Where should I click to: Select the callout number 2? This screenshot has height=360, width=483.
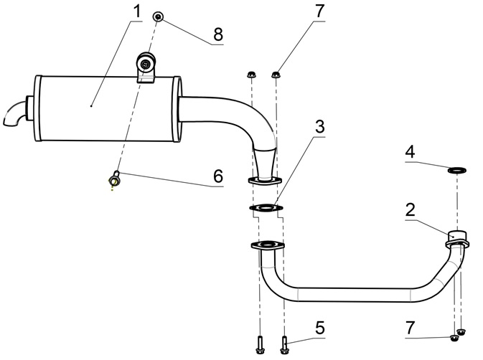pyautogui.click(x=410, y=210)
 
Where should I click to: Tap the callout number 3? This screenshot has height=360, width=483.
pyautogui.click(x=319, y=126)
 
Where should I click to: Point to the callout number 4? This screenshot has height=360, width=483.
pyautogui.click(x=410, y=151)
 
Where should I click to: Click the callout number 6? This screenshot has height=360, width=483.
pyautogui.click(x=217, y=176)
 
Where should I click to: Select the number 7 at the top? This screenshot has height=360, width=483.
pyautogui.click(x=319, y=12)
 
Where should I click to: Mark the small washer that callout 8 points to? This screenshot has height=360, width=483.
pyautogui.click(x=158, y=16)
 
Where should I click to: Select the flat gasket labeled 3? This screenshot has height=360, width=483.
pyautogui.click(x=265, y=209)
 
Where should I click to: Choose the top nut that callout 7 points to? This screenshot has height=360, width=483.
pyautogui.click(x=276, y=72)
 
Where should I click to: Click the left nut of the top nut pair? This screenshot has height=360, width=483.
pyautogui.click(x=251, y=73)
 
